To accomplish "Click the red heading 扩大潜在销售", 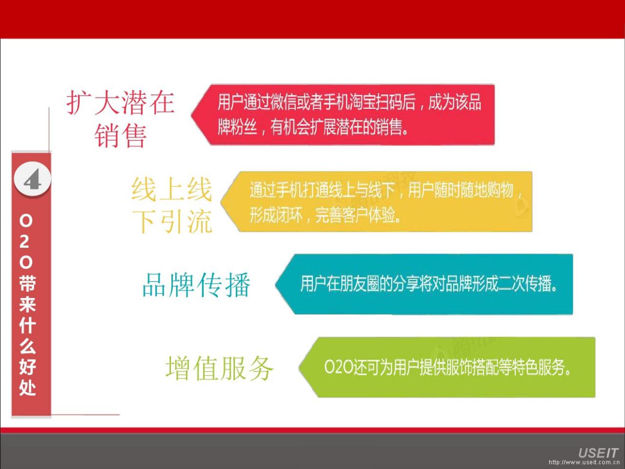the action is [x=121, y=119].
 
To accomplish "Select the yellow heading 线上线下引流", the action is [x=172, y=206].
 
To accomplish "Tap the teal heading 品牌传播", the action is [x=196, y=284].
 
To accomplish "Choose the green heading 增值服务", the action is [x=220, y=368].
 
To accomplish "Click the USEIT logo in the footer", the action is [x=598, y=452].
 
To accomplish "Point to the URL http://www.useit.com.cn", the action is [x=583, y=463].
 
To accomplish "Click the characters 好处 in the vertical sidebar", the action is [x=28, y=377].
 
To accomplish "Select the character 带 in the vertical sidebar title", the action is [x=28, y=284].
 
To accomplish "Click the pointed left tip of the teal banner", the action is [x=275, y=284].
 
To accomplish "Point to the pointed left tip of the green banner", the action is [x=299, y=367].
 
